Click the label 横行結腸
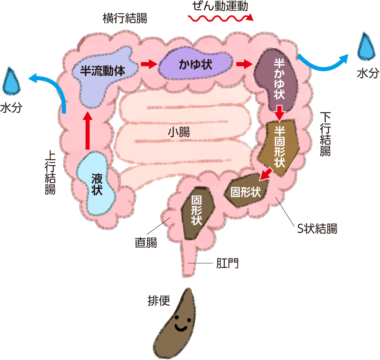125,18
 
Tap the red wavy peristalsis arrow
220,18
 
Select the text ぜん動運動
220,6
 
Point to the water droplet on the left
11,82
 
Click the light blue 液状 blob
96,184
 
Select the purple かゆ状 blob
196,64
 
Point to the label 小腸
179,132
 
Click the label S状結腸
317,229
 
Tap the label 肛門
228,263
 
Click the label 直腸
146,242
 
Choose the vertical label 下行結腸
325,134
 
